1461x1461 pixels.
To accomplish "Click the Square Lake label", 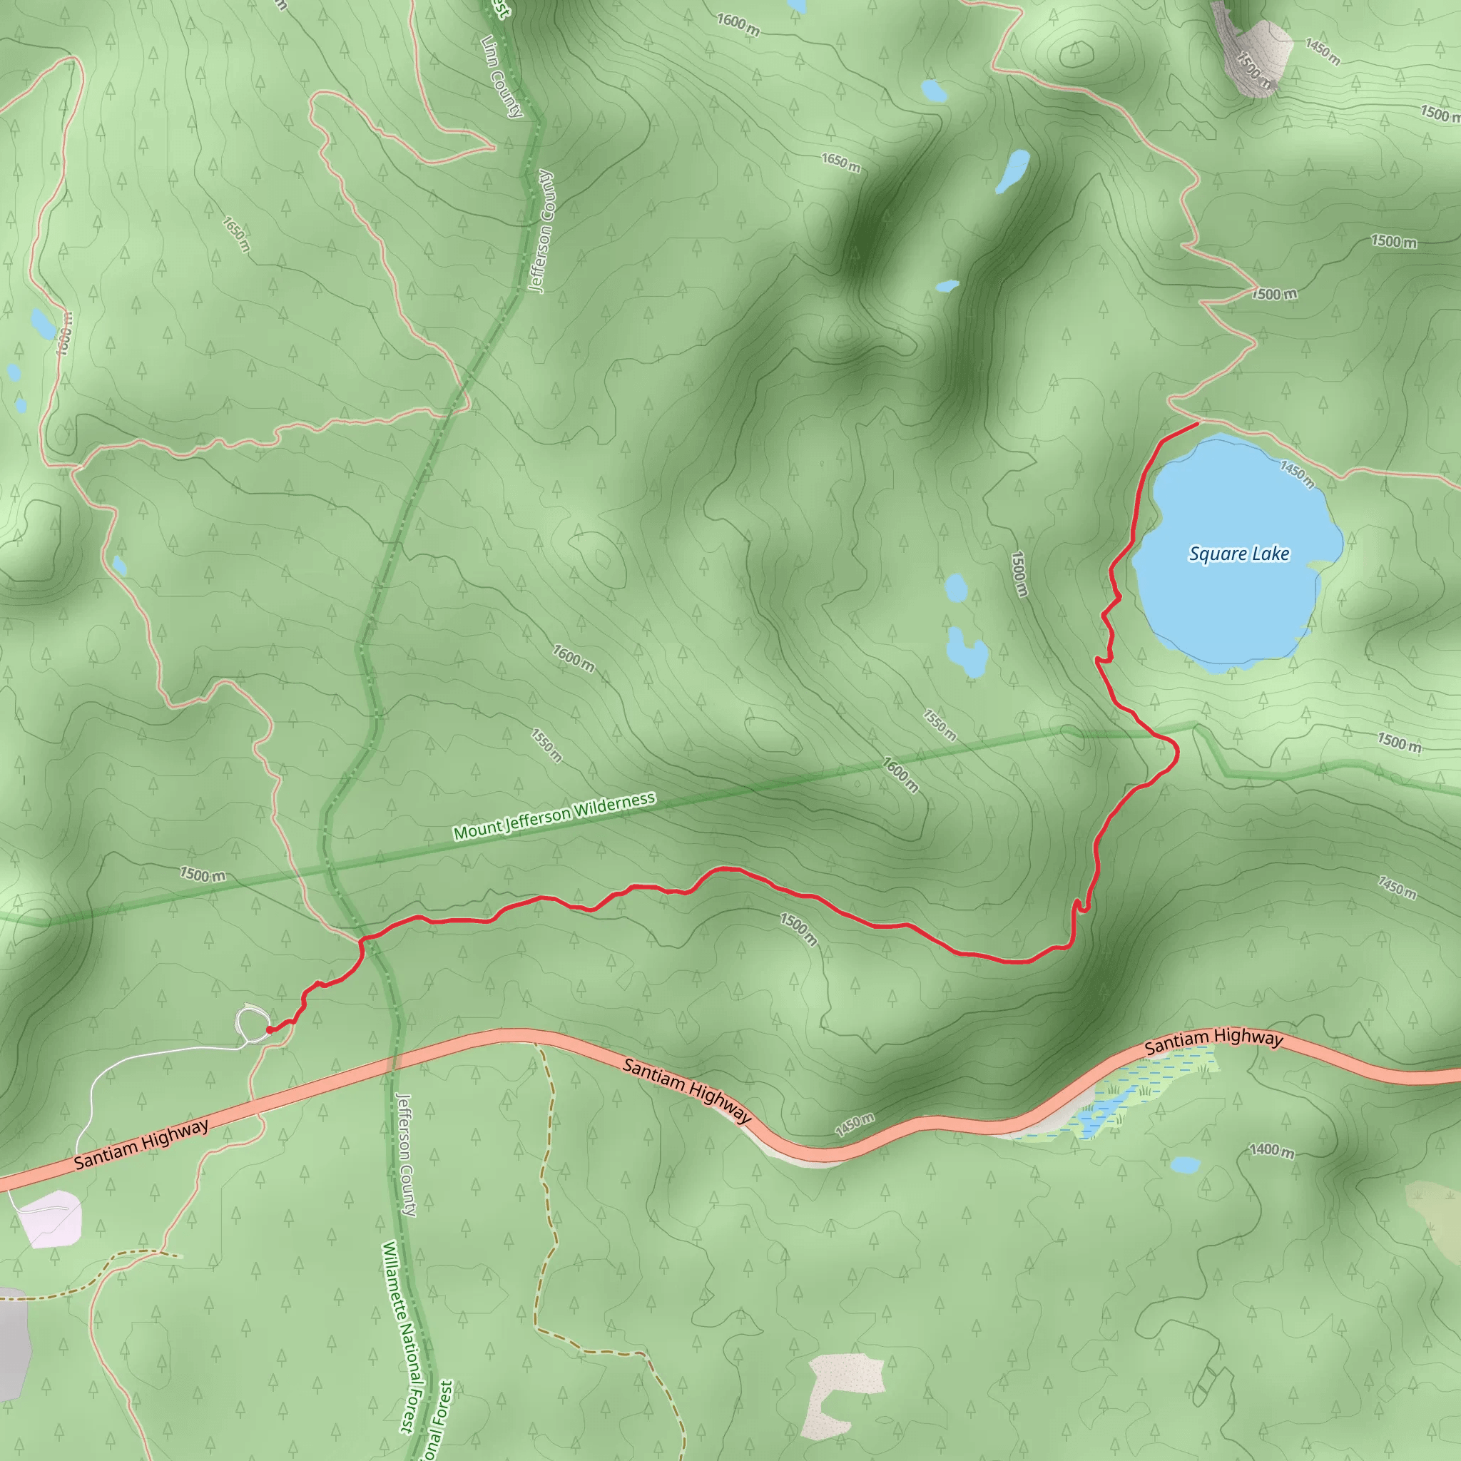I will [x=1238, y=554].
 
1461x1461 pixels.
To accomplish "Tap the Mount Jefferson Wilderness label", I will [x=554, y=817].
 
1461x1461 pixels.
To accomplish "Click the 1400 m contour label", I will [x=1271, y=1151].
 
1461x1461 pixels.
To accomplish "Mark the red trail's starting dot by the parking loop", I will [x=270, y=1029].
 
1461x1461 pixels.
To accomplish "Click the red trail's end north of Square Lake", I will [x=1198, y=424].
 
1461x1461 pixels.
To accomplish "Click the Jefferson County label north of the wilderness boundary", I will [x=542, y=230].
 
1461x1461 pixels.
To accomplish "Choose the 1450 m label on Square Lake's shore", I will [x=1296, y=474].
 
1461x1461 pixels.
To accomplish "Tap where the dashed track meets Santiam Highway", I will [x=536, y=1044].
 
